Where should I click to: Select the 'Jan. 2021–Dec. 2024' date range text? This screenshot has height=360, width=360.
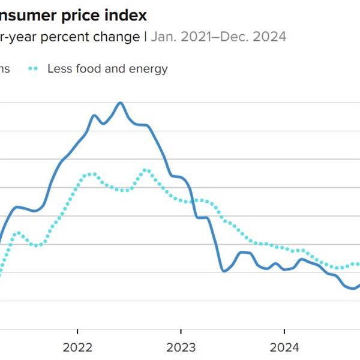click(x=218, y=37)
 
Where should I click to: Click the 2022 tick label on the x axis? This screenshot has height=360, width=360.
click(x=77, y=348)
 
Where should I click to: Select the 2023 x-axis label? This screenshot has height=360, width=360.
click(x=181, y=348)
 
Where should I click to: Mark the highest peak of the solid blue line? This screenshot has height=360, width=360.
click(x=120, y=103)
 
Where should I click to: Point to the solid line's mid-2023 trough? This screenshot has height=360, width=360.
click(x=224, y=271)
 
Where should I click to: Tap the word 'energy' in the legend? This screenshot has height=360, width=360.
click(x=150, y=68)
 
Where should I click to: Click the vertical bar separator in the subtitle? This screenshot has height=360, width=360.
click(x=145, y=37)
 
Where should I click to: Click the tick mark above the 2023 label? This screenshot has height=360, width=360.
click(x=181, y=332)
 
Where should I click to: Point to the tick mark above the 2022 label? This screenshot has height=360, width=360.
click(x=77, y=332)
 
